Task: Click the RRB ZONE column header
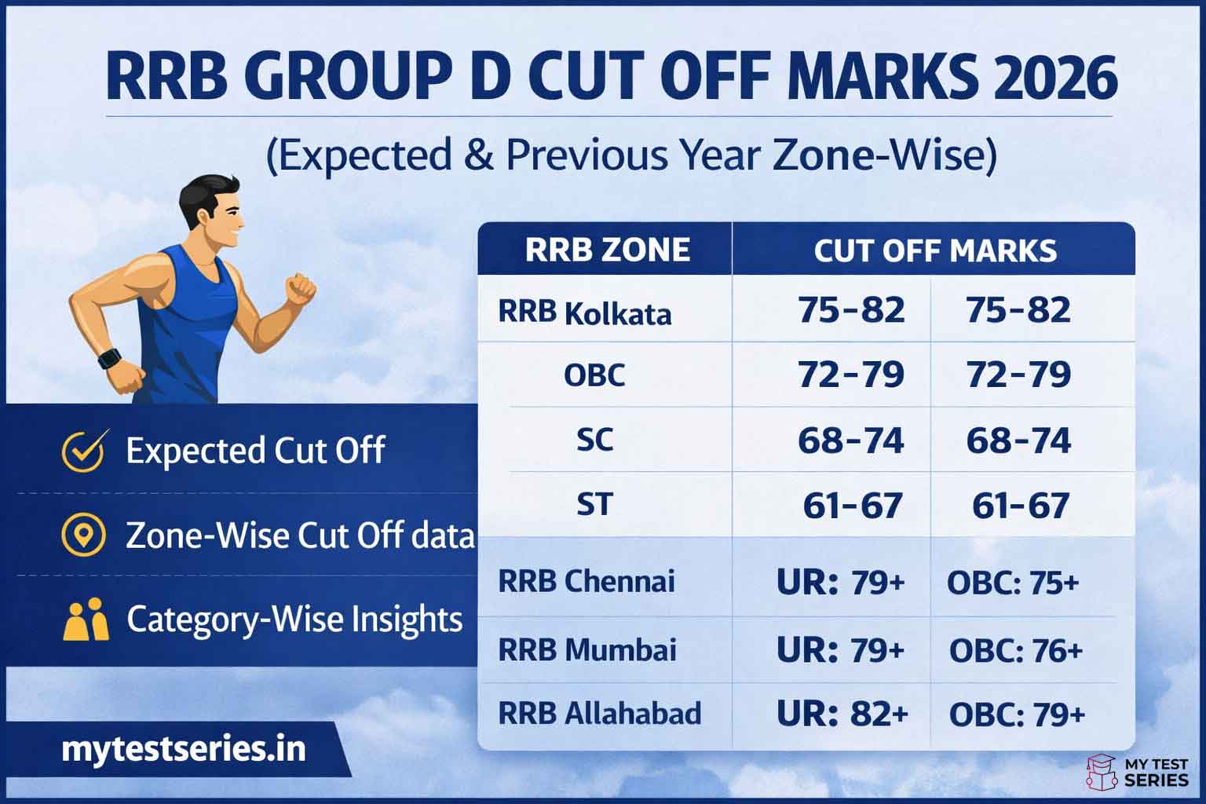click(x=607, y=250)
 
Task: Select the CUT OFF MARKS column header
click(x=934, y=250)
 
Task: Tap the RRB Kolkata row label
click(x=585, y=312)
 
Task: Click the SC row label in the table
click(x=594, y=440)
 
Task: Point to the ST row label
click(x=594, y=504)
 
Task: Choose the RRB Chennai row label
click(x=587, y=582)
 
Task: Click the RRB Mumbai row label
click(x=587, y=650)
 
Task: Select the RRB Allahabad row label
click(x=600, y=714)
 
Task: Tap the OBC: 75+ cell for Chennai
click(x=1013, y=583)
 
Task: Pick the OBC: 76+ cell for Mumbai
click(x=1016, y=651)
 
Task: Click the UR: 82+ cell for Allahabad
click(x=842, y=714)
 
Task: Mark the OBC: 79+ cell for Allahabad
click(x=1017, y=714)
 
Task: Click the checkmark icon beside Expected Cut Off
click(x=83, y=451)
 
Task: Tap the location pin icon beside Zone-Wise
click(x=83, y=535)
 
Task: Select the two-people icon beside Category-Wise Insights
click(x=85, y=620)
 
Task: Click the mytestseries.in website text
click(x=183, y=750)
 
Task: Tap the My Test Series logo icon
click(x=1101, y=773)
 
